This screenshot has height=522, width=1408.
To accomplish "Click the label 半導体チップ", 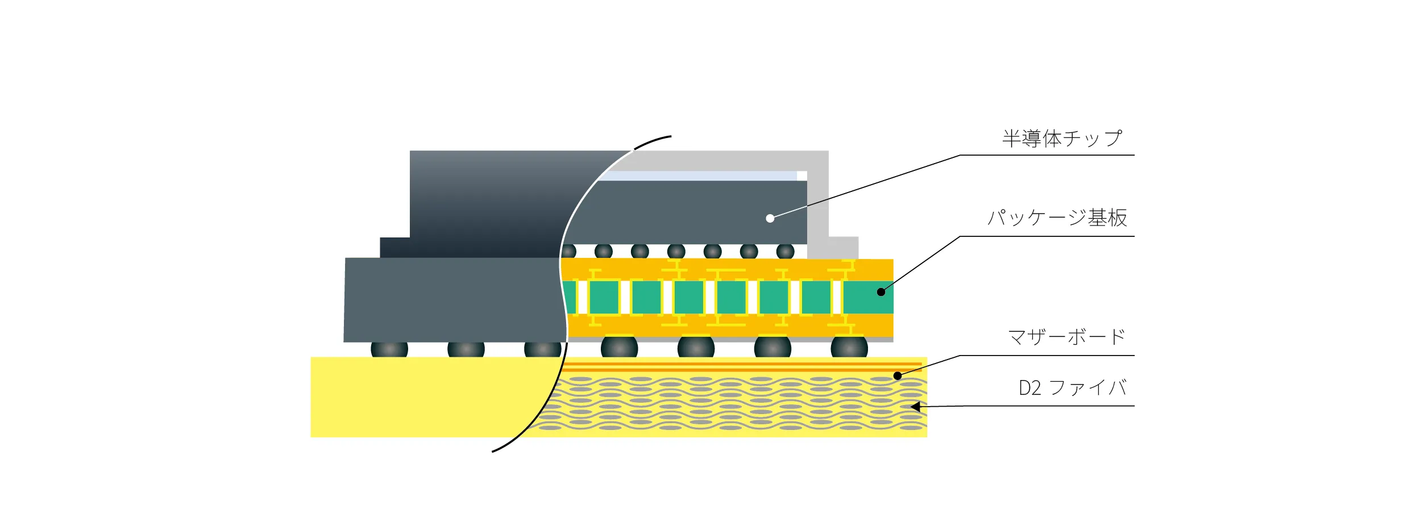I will (1062, 139).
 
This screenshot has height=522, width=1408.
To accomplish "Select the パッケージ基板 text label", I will (1057, 218).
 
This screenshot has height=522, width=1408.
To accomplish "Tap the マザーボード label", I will (1066, 337).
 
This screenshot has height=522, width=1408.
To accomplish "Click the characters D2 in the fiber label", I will (1029, 389).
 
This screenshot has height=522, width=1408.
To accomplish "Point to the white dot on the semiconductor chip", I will (770, 218).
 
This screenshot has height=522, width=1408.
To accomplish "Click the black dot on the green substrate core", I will (880, 292).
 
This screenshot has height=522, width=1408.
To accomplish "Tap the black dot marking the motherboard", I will (897, 375).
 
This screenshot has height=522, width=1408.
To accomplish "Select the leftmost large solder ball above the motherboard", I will (389, 349).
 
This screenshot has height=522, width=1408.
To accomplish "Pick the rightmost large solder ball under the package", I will (849, 347).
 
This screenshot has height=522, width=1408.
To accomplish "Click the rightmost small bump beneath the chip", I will (785, 251).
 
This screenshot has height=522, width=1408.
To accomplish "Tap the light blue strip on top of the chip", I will (699, 176).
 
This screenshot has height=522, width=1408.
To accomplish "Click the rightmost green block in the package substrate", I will (867, 297).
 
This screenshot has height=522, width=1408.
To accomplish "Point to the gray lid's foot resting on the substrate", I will (841, 248).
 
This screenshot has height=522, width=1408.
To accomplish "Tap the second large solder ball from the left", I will (466, 349).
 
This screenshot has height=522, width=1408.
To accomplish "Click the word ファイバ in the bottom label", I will (1087, 389).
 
